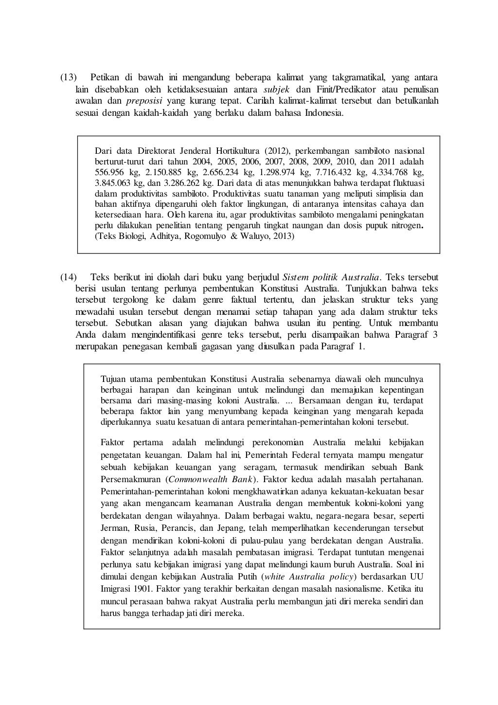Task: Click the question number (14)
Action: click(68, 277)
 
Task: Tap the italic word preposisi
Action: click(144, 101)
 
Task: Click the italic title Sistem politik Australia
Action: click(331, 277)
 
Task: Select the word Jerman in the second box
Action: click(114, 528)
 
